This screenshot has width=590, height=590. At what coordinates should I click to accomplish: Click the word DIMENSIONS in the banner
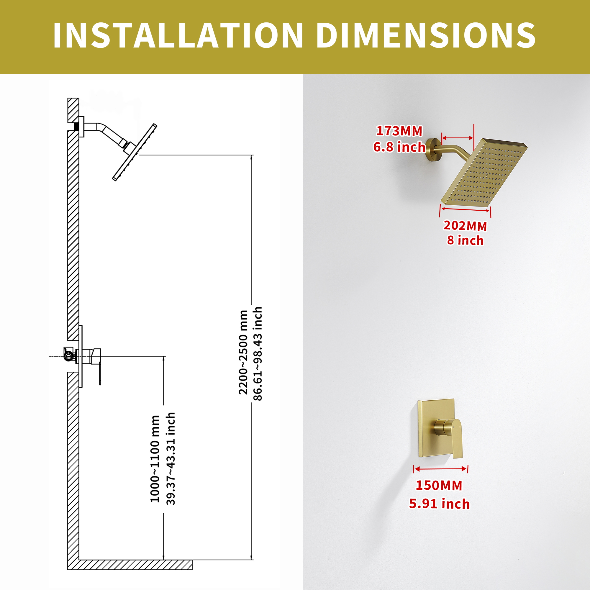pos(426,35)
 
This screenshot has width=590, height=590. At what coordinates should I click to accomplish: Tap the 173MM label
pos(399,131)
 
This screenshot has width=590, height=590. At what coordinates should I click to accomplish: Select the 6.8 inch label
pos(399,147)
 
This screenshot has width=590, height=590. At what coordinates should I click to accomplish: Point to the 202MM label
pos(465,226)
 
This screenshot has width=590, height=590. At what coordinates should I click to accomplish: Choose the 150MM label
pos(439,485)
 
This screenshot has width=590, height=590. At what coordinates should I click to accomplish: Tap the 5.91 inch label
pos(440,504)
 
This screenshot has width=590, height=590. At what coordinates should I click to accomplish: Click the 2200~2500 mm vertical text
pos(243,353)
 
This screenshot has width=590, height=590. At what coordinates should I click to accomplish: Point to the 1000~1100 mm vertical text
pos(155,459)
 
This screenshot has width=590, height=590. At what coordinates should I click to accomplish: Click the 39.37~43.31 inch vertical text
pos(171,459)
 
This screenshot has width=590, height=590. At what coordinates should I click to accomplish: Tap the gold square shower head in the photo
pos(484,172)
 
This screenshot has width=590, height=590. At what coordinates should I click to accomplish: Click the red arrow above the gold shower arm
pos(458,138)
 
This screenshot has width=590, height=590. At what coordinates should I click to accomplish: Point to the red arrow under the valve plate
pos(441,469)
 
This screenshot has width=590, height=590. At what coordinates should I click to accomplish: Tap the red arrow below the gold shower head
pos(466,209)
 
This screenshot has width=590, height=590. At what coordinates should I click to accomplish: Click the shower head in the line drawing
pos(134,152)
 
